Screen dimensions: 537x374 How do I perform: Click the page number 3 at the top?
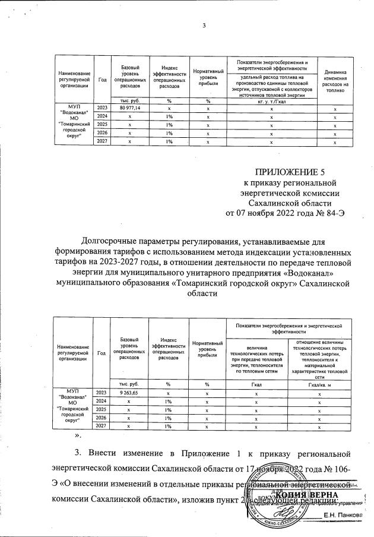tap(204, 25)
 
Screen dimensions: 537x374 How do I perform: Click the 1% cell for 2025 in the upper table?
tap(169, 125)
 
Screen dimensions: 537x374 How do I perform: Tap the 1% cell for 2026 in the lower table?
tap(169, 418)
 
